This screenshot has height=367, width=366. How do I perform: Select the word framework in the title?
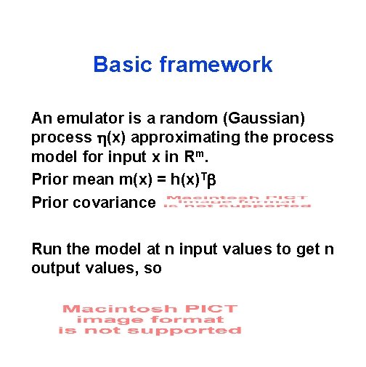tap(216, 65)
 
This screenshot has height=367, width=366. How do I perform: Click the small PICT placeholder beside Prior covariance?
tap(237, 201)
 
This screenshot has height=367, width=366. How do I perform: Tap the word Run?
tap(47, 250)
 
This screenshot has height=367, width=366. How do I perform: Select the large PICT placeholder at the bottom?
tap(150, 319)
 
